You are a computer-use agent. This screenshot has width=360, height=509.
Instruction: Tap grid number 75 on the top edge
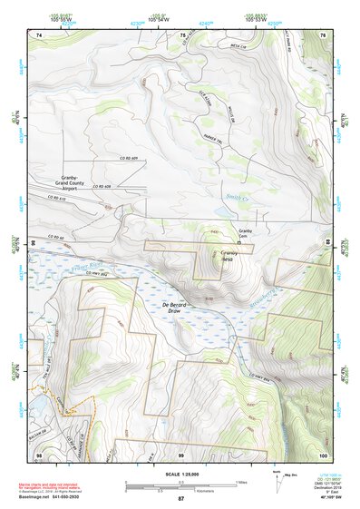coord(182,34)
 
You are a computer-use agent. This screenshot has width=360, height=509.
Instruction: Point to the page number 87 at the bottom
coord(180,499)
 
